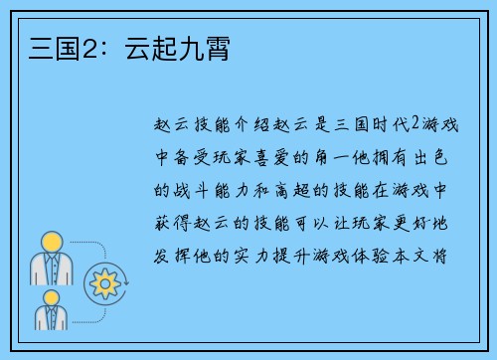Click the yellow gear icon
tap(103, 282)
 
